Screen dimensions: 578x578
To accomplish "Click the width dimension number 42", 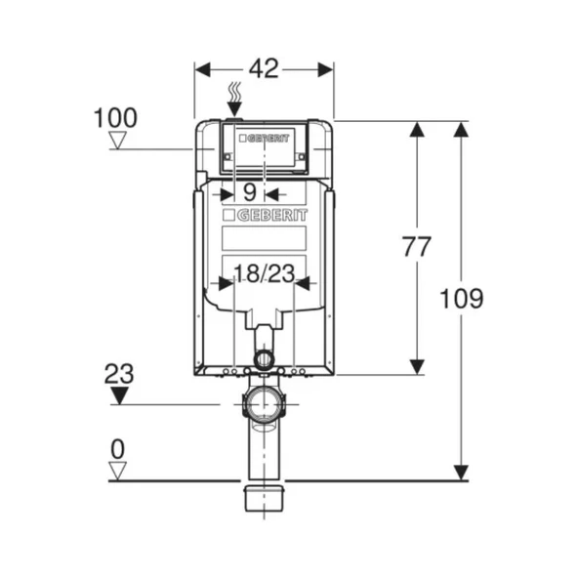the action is coord(264,68).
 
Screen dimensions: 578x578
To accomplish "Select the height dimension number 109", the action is coord(461,299).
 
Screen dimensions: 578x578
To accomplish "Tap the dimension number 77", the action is coord(417,247).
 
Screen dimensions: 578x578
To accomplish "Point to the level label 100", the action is coord(115,118).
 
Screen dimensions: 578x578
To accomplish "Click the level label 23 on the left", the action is coord(119,374).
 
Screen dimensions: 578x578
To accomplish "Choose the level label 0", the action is coord(118,449).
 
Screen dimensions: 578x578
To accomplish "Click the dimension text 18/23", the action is coord(265,273).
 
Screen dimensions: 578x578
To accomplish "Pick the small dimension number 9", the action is coord(250,192).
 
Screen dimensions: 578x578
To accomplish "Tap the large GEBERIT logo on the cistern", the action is coord(265,215).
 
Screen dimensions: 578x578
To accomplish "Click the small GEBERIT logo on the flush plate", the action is coord(265,139).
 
